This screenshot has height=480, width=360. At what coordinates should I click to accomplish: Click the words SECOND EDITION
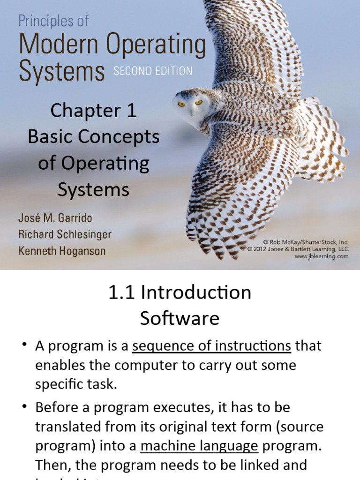tap(152, 71)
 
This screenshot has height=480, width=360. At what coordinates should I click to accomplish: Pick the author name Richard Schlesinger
tap(65, 234)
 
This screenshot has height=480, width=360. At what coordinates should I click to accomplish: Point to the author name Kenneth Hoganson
tap(62, 251)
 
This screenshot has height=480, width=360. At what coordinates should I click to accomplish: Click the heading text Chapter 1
tap(93, 111)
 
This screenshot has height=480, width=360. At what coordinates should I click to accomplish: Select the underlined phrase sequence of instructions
tap(212, 346)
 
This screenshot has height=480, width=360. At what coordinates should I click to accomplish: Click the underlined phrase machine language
tap(199, 445)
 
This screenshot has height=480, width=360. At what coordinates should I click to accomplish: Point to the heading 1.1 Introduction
tap(180, 292)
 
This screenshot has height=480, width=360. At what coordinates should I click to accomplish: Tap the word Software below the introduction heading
tap(180, 319)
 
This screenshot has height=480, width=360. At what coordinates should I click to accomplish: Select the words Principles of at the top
tap(53, 22)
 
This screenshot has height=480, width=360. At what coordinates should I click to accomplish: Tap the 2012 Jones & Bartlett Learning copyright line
tap(298, 249)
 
